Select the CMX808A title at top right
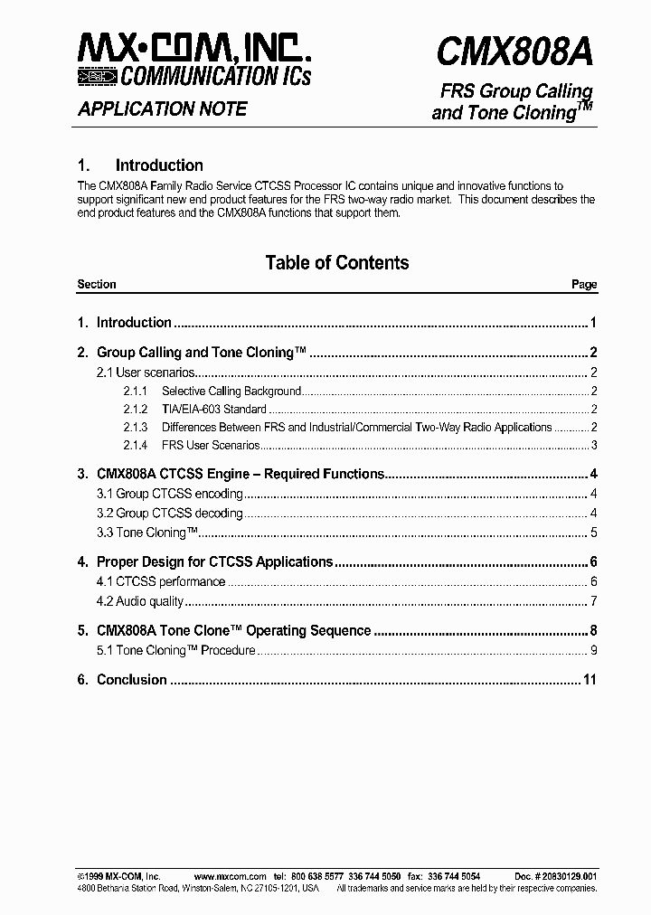click(x=514, y=52)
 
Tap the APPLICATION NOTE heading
click(x=163, y=109)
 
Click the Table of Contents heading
click(x=336, y=263)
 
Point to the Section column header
click(x=97, y=285)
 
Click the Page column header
click(x=584, y=285)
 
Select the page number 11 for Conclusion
click(x=590, y=680)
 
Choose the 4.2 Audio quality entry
click(x=140, y=602)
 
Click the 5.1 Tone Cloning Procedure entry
click(x=176, y=651)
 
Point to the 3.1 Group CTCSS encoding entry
click(x=170, y=494)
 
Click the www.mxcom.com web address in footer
click(x=230, y=877)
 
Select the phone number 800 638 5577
click(x=316, y=877)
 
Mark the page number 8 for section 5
click(x=593, y=631)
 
